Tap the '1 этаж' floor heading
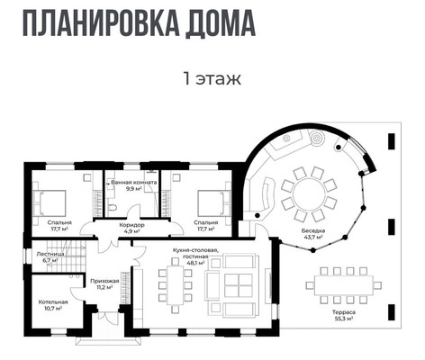[x=212, y=79]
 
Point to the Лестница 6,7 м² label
[x=50, y=256]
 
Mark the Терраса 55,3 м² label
[x=343, y=315]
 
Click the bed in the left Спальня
[x=50, y=201]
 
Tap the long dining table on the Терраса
[x=343, y=285]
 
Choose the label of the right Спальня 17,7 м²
[x=205, y=225]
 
